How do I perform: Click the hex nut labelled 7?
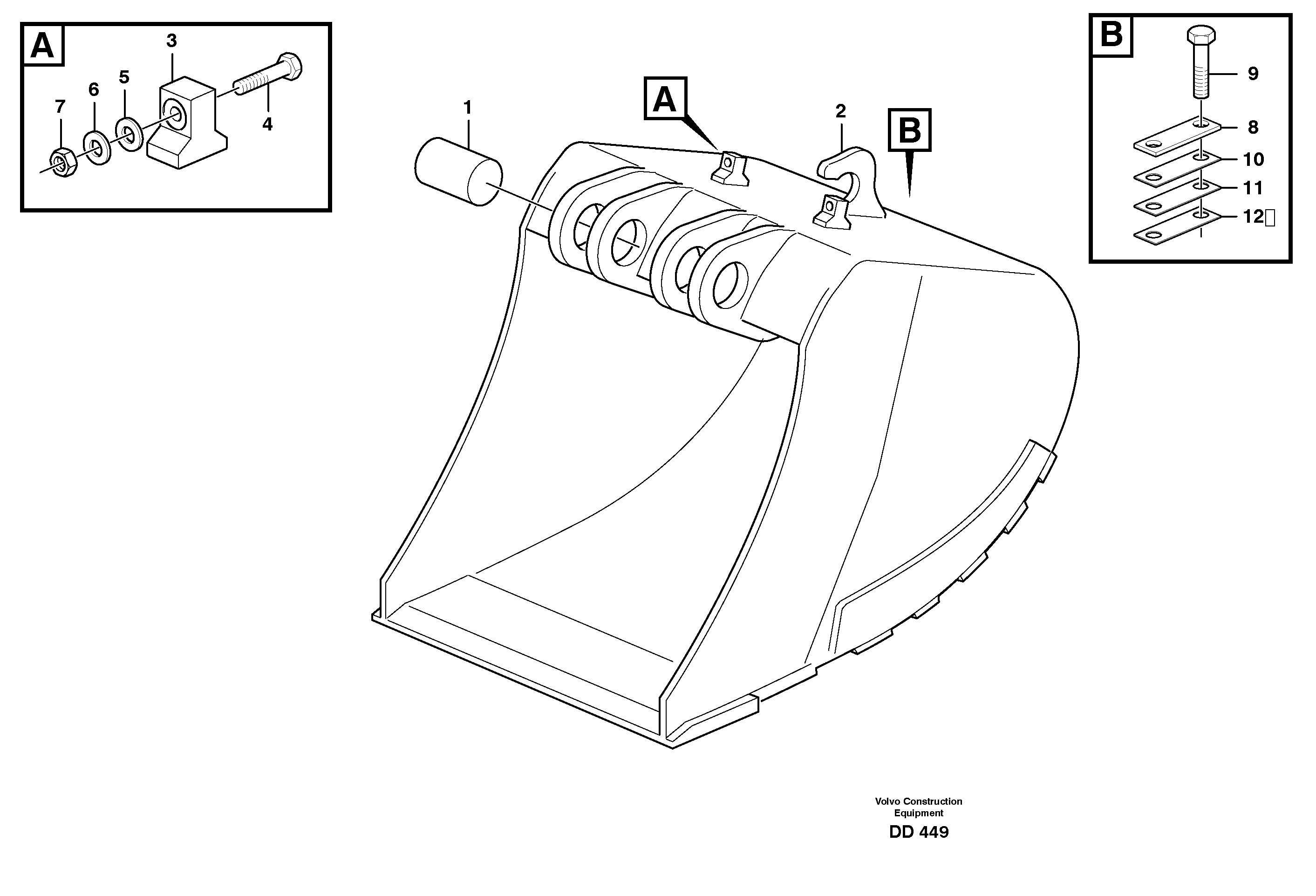click(x=60, y=163)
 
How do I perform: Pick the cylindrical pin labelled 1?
click(x=457, y=171)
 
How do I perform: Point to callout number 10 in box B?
click(x=1253, y=160)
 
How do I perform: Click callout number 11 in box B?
click(x=1253, y=187)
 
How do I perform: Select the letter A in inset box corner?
click(x=42, y=45)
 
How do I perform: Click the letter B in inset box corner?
click(x=1111, y=35)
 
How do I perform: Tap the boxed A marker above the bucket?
click(x=665, y=99)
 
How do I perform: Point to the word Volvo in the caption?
click(x=888, y=801)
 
